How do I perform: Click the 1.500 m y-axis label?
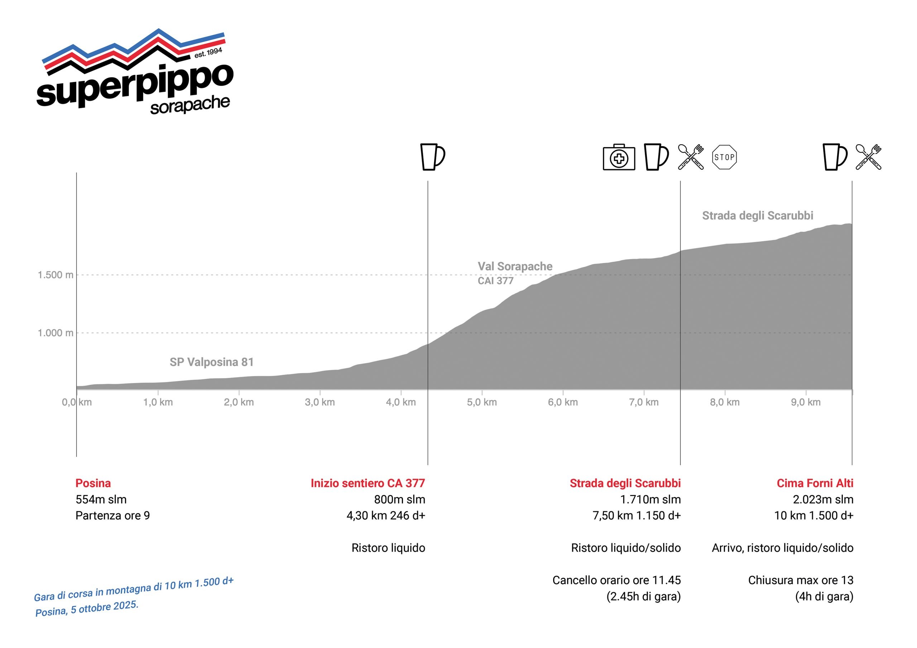pyautogui.click(x=56, y=275)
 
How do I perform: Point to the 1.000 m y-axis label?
pyautogui.click(x=56, y=333)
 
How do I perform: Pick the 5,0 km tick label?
pyautogui.click(x=482, y=402)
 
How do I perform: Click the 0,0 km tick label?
pyautogui.click(x=77, y=402)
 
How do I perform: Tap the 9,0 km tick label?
pyautogui.click(x=806, y=402)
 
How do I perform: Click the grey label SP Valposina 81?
pyautogui.click(x=212, y=362)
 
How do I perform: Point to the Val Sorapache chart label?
pyautogui.click(x=515, y=266)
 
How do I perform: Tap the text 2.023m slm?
pyautogui.click(x=823, y=499)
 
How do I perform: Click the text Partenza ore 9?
pyautogui.click(x=112, y=516)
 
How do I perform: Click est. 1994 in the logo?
pyautogui.click(x=208, y=53)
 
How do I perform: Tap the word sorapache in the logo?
pyautogui.click(x=190, y=105)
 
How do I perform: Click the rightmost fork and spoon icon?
pyautogui.click(x=868, y=157)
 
